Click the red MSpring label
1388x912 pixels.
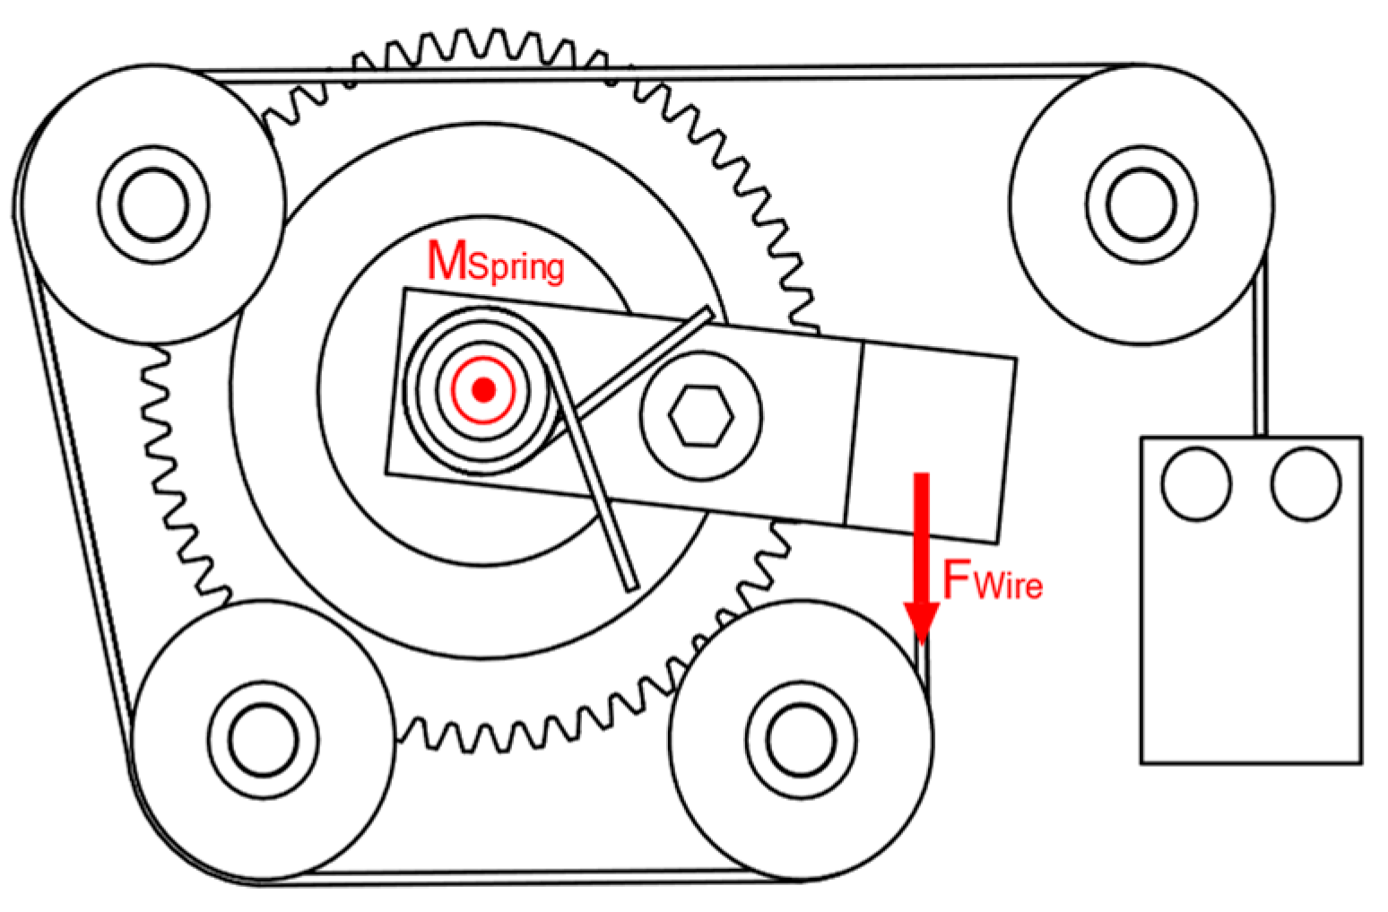click(496, 263)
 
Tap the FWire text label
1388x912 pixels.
click(993, 581)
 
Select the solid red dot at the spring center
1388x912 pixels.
click(484, 389)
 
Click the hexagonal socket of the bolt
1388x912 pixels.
click(701, 416)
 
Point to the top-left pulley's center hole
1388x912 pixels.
click(153, 204)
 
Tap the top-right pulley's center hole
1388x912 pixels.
click(1141, 204)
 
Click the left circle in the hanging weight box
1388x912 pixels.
click(1196, 484)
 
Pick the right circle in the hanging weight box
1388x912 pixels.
click(1306, 484)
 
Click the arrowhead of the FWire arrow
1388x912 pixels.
click(921, 619)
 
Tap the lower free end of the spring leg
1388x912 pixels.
click(629, 585)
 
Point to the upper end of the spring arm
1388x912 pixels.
click(707, 313)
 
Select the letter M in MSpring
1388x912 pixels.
click(447, 261)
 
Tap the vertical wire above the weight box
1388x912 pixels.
click(1260, 359)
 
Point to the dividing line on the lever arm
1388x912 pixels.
click(854, 432)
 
